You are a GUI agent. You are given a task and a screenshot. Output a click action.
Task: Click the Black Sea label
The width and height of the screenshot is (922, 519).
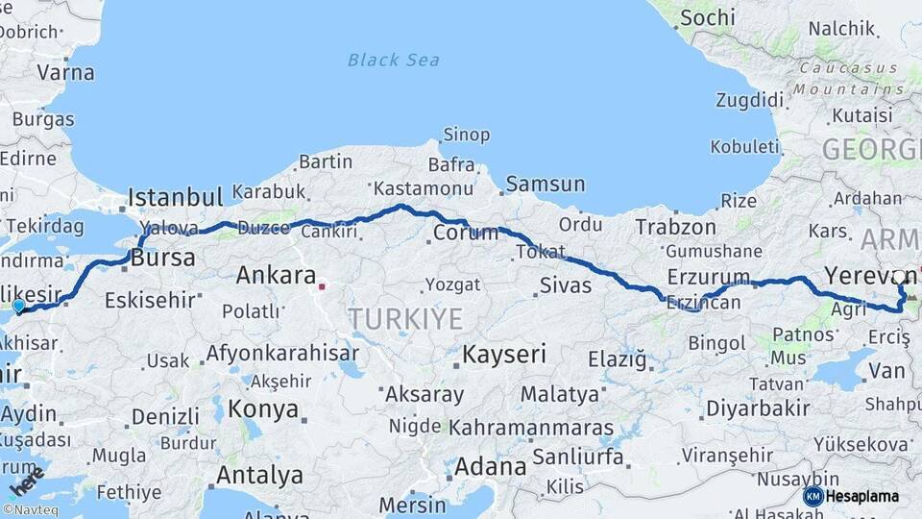(394, 61)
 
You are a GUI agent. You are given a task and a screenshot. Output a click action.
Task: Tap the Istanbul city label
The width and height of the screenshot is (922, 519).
(176, 198)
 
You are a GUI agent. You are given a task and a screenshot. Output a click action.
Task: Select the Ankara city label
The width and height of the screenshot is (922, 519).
(276, 276)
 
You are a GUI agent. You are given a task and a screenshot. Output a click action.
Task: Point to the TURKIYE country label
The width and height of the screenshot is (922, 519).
(405, 319)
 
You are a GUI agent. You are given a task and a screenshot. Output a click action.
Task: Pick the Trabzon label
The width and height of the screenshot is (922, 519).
(675, 227)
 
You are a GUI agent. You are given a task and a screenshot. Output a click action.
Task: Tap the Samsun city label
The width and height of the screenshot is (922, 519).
(545, 184)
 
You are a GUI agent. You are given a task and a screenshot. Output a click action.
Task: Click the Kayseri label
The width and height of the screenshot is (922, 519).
(504, 354)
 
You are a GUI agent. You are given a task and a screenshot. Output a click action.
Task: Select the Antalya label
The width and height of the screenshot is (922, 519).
(259, 475)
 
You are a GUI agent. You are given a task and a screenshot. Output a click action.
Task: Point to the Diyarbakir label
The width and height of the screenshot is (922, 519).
(758, 408)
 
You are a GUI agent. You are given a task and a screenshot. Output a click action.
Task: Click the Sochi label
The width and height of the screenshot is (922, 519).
(707, 17)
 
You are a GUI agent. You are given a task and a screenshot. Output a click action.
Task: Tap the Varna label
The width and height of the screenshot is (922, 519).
(65, 72)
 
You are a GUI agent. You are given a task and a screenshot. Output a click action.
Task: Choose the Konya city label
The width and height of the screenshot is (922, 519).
(263, 409)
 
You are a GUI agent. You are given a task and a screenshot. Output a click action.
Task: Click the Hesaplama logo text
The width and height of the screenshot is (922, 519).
(862, 496)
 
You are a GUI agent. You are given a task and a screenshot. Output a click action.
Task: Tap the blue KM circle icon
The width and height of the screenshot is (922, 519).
(813, 496)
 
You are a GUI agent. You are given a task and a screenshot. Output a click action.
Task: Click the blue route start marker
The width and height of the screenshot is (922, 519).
(18, 307)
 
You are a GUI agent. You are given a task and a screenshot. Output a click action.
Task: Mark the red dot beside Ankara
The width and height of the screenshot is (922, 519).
(323, 285)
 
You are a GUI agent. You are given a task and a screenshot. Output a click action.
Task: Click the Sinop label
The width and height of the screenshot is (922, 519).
(466, 135)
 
